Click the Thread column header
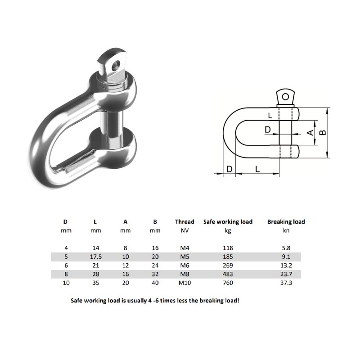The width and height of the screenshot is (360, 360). coord(184,221)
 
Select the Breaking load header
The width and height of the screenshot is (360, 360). coord(286,221)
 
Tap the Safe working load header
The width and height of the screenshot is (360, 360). coord(228,221)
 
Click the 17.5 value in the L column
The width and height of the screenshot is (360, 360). coord(95,257)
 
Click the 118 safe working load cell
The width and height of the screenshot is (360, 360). coord(228,248)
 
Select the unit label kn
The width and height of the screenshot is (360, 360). coord(286,231)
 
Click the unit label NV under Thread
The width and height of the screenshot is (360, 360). coord(184,231)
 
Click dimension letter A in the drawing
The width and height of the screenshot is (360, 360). coord(309,133)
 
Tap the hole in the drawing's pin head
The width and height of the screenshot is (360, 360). coord(285,95)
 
